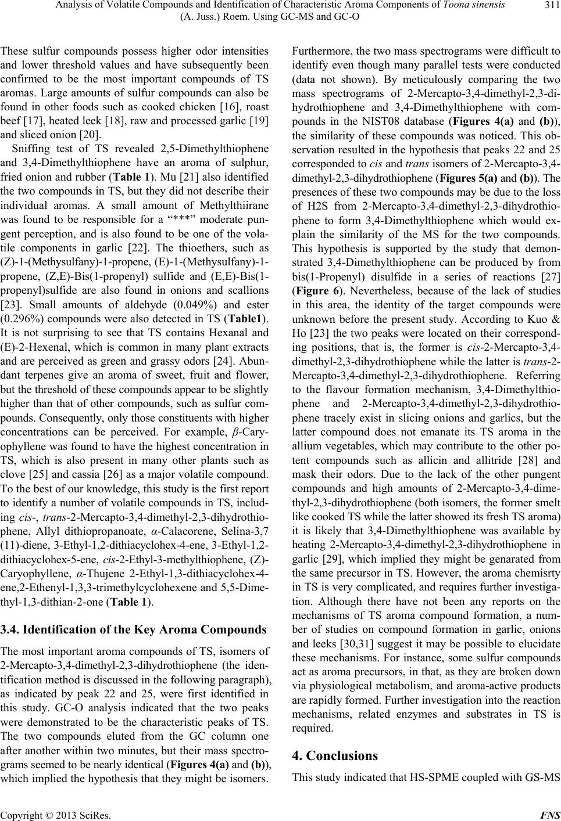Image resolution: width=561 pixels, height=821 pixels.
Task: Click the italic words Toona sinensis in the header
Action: tap(472, 6)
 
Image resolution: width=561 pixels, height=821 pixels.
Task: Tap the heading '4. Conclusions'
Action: tap(335, 755)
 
